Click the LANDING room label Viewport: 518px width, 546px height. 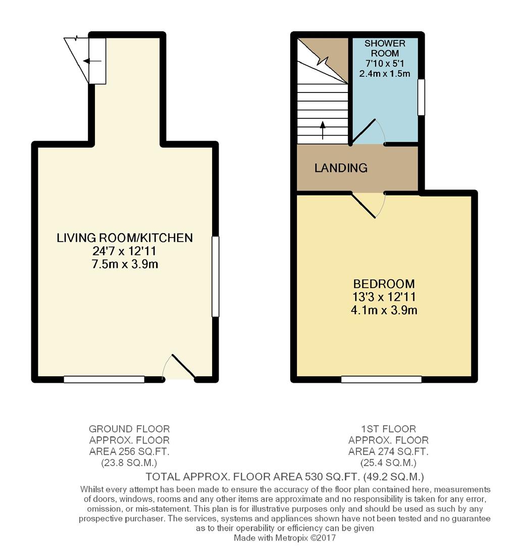(x=341, y=168)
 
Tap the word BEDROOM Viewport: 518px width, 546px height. (x=384, y=284)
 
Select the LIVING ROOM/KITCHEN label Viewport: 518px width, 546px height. (x=125, y=238)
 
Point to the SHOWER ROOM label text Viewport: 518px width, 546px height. (x=385, y=49)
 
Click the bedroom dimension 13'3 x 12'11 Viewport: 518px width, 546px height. (x=384, y=297)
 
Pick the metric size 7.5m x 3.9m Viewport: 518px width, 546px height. (x=125, y=264)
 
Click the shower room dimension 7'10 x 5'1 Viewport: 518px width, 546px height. (x=385, y=63)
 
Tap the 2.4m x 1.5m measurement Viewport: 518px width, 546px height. (x=385, y=73)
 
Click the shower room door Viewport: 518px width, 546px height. (x=364, y=131)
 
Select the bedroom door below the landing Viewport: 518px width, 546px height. (x=364, y=205)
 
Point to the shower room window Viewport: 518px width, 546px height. (x=421, y=97)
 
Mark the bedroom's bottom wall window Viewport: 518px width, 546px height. (x=381, y=379)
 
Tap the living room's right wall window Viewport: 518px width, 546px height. (x=216, y=277)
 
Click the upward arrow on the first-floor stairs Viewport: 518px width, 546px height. (x=323, y=130)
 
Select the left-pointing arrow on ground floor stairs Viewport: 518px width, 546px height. (x=92, y=62)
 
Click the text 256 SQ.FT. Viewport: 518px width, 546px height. (x=143, y=451)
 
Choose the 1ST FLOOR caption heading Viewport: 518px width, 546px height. (x=388, y=429)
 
